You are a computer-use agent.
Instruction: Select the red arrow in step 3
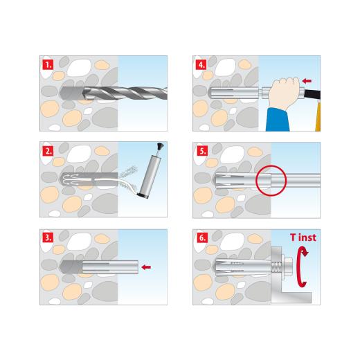point(147,266)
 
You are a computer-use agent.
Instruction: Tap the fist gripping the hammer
point(285,93)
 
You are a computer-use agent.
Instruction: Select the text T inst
point(303,237)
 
